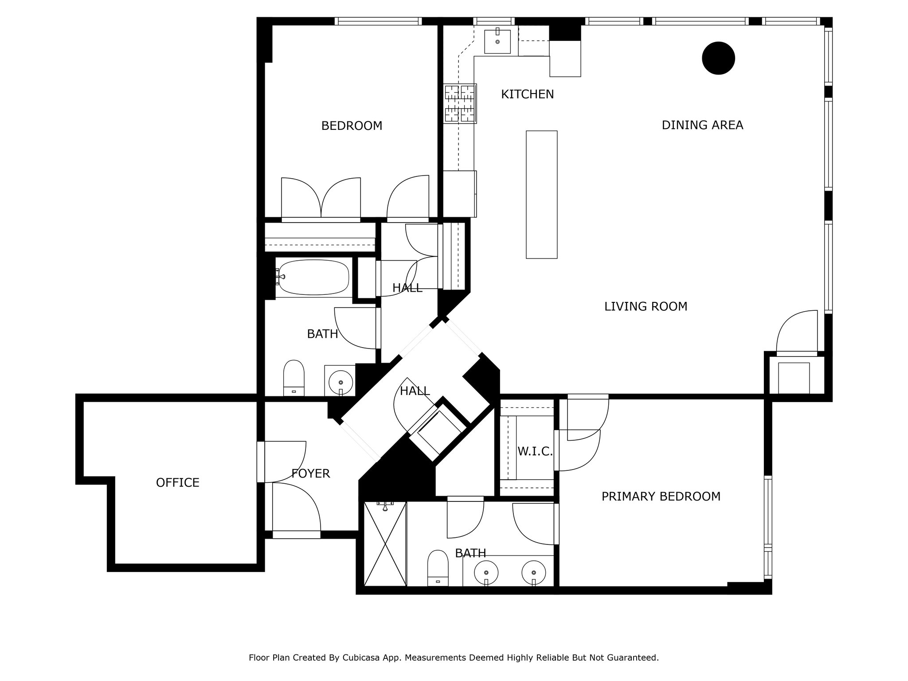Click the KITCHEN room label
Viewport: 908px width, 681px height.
(x=527, y=94)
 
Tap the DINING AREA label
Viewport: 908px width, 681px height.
(x=702, y=125)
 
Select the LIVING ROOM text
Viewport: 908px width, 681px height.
(x=646, y=306)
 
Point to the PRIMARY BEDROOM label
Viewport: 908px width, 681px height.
(x=661, y=497)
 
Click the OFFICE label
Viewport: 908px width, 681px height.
(x=177, y=483)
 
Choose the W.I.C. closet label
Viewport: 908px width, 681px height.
(x=535, y=452)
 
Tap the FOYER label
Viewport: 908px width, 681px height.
(x=310, y=474)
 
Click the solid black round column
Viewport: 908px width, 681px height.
(x=718, y=58)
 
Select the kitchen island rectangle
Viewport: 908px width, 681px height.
(x=541, y=194)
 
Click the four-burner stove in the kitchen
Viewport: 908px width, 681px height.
(x=460, y=104)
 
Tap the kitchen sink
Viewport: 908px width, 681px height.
(x=497, y=41)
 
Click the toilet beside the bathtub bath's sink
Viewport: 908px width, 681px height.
(x=294, y=377)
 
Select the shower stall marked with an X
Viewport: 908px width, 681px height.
(x=385, y=544)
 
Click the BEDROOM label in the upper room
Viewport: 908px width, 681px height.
(x=352, y=126)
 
